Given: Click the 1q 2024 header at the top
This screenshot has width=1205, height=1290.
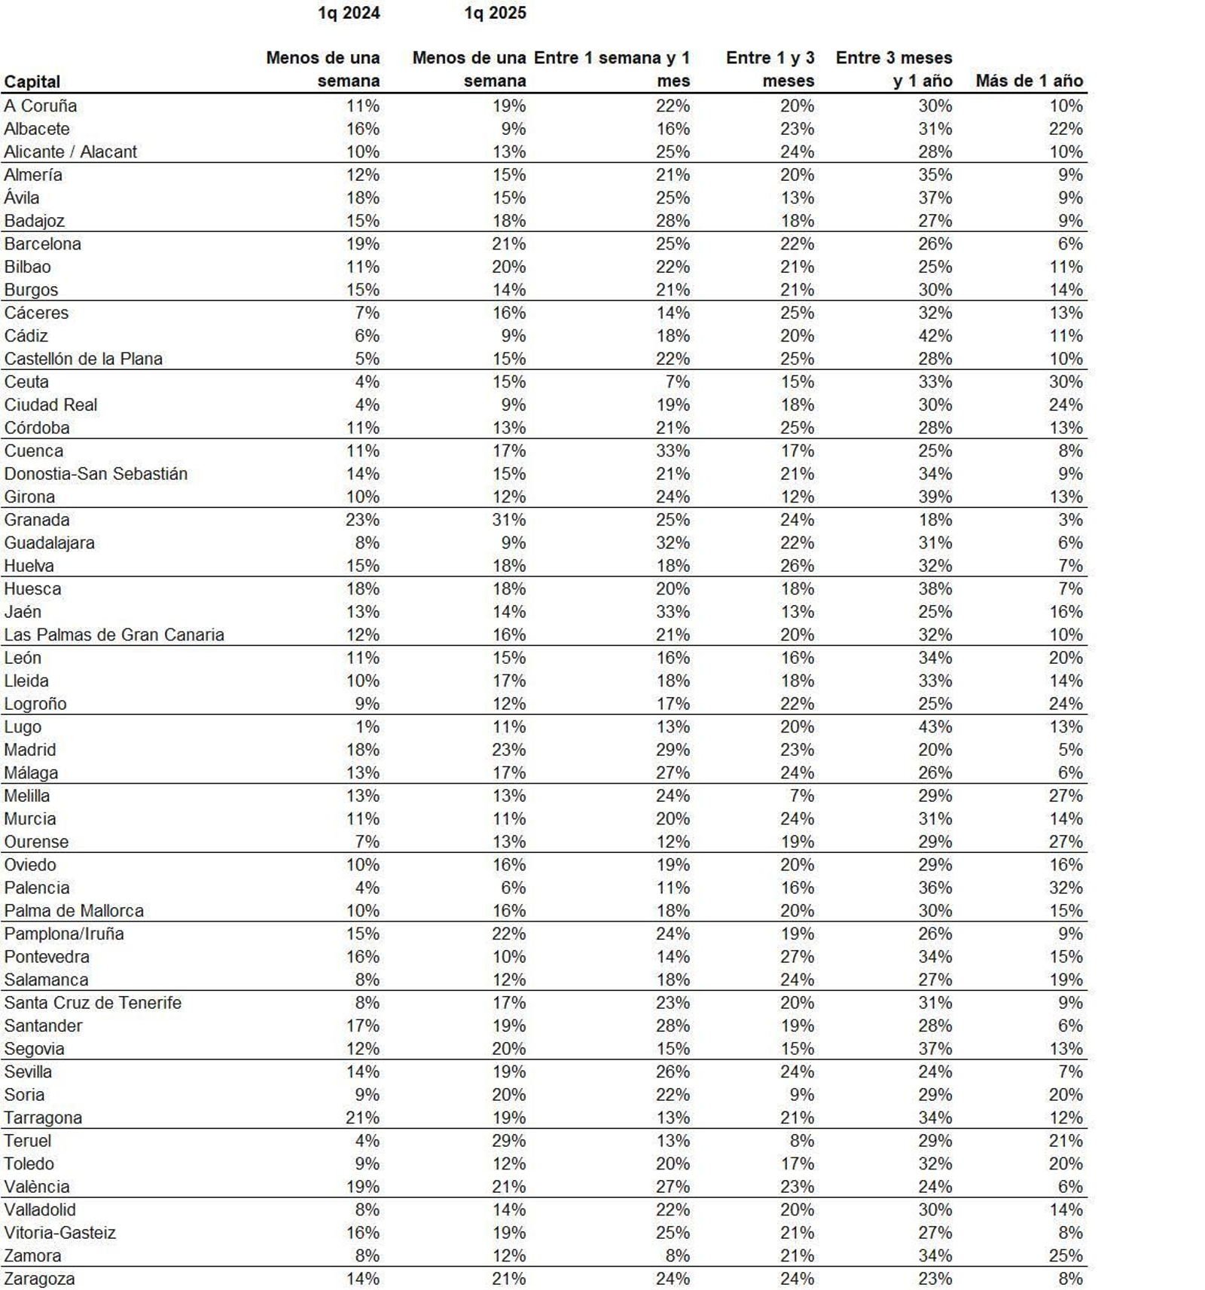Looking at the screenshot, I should (x=348, y=13).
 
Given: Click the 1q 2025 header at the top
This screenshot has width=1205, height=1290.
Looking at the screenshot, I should (x=495, y=13).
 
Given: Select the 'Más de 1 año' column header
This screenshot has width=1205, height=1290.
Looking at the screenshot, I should (x=1029, y=81).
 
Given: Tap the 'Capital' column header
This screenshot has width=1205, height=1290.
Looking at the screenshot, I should (x=32, y=81).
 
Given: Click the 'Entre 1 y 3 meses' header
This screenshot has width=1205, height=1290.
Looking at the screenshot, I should (x=770, y=69).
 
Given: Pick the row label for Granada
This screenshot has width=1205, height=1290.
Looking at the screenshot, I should (x=37, y=520).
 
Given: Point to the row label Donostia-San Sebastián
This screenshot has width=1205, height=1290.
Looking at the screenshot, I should (x=96, y=474).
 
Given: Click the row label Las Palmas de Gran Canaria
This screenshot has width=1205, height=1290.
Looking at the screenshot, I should (x=114, y=634).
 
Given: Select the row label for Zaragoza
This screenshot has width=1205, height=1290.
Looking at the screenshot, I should (x=39, y=1279).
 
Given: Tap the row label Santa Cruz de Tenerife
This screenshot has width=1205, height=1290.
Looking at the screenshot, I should (x=93, y=1003).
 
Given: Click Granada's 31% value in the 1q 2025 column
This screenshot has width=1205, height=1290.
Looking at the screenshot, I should (x=509, y=520).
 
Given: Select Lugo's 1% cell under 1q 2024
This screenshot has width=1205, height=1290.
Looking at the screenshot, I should (x=368, y=727).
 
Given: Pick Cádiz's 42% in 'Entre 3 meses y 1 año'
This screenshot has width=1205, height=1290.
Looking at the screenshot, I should (x=935, y=336).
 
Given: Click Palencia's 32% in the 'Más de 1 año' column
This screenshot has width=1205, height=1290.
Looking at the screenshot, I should (x=1066, y=888).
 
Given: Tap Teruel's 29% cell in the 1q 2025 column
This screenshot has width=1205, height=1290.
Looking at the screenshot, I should (x=509, y=1141).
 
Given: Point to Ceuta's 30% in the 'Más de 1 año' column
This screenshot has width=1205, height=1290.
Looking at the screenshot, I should (x=1066, y=382).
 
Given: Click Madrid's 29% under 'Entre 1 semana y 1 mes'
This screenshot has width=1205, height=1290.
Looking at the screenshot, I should (x=673, y=750).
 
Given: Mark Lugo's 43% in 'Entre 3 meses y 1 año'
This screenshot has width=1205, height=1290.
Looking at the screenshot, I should (x=935, y=727).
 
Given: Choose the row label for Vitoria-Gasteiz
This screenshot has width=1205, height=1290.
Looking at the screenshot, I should (x=60, y=1233).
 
